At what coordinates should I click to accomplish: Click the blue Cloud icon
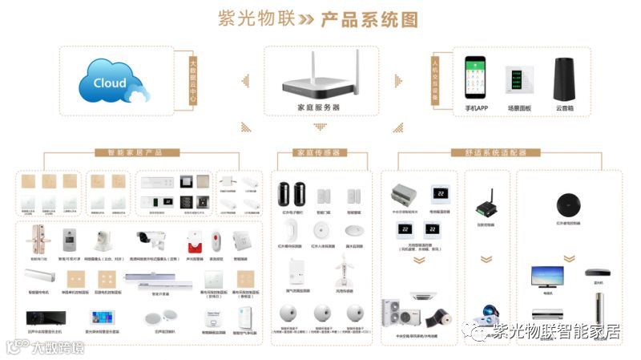[113, 82]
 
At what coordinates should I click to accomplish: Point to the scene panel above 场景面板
[518, 80]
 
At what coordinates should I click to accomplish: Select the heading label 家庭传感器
[318, 152]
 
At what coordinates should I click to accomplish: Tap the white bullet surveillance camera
[153, 237]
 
